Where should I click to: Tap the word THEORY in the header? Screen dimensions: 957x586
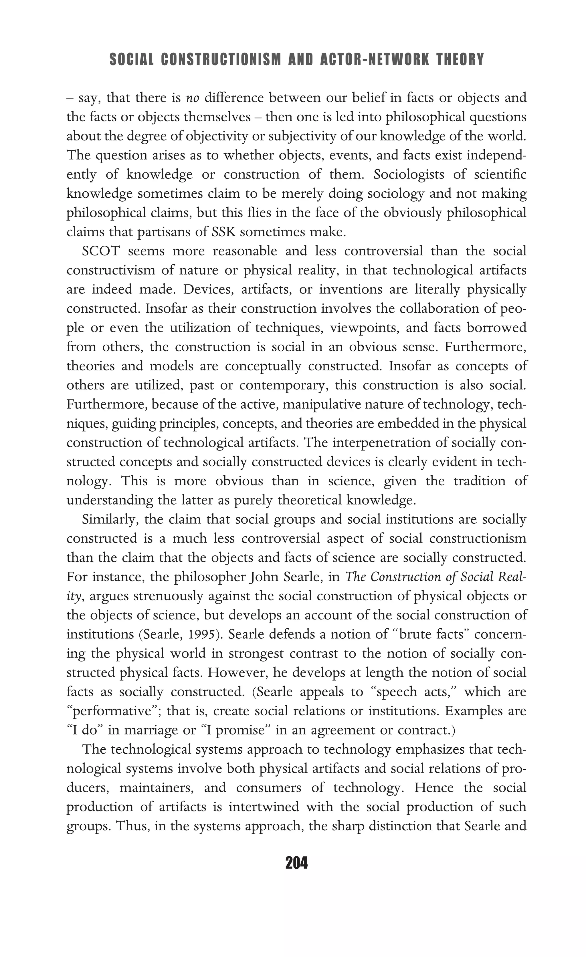460,60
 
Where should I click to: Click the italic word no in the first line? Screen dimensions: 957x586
193,98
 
